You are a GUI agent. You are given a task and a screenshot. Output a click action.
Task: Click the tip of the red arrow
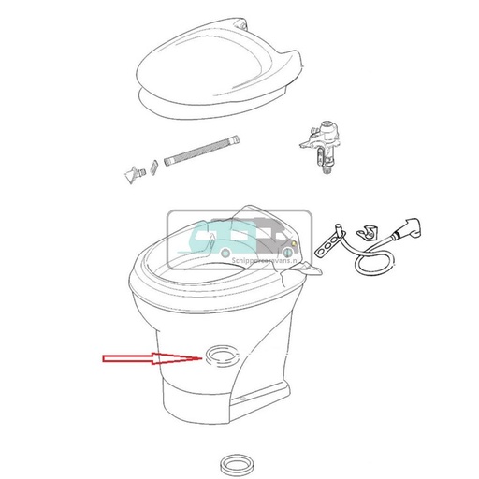(196, 358)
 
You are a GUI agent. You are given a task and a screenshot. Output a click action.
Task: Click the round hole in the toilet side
(218, 356)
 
